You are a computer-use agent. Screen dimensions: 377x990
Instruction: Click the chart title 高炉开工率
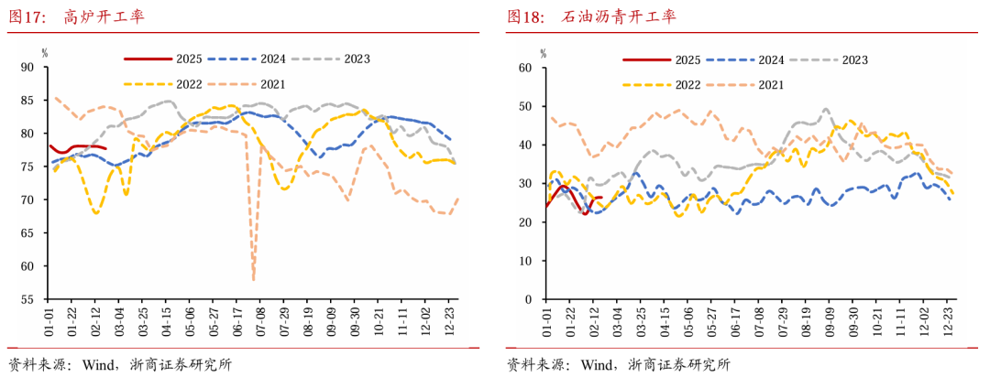(104, 17)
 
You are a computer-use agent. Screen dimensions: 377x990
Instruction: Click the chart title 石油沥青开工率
(619, 17)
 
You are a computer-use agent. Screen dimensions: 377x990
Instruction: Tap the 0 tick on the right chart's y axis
(528, 300)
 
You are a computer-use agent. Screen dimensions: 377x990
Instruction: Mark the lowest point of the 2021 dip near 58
(253, 279)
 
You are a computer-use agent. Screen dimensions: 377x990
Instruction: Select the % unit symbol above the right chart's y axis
(542, 52)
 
